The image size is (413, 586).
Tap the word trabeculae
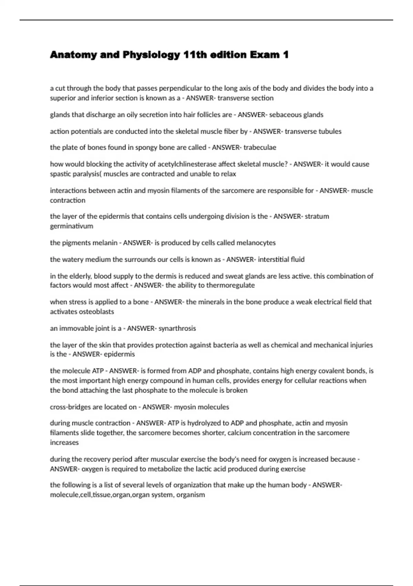[x=260, y=148]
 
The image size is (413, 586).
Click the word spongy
[x=146, y=148]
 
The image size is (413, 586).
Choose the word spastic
[x=61, y=174]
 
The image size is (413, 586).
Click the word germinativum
[x=72, y=226]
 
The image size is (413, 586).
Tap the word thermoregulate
[x=231, y=285]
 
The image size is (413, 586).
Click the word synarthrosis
[x=177, y=328]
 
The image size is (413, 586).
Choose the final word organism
[x=191, y=495]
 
